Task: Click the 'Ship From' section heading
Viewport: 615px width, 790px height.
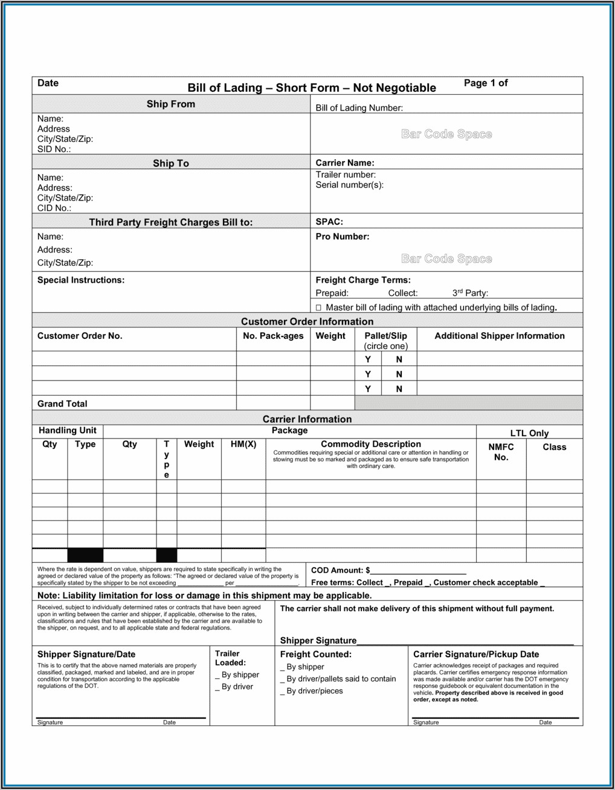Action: [170, 104]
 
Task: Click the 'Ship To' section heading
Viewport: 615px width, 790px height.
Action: [170, 163]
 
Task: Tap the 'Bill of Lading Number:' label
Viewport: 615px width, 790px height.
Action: [359, 108]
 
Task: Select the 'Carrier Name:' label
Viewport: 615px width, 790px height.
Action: [344, 162]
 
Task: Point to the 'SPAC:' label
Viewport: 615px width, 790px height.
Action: [329, 222]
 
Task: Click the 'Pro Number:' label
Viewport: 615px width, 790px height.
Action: [342, 237]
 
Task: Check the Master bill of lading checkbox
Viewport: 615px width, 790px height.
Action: [318, 307]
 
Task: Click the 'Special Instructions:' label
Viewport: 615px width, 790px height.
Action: [81, 280]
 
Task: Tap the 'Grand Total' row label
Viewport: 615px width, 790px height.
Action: [62, 403]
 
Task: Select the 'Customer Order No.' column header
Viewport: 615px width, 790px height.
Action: [80, 336]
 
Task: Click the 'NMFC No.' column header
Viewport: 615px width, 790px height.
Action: [501, 452]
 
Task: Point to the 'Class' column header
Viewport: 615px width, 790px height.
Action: [554, 447]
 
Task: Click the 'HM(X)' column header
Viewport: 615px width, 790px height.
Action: [243, 444]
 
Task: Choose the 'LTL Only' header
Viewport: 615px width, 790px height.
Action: [529, 433]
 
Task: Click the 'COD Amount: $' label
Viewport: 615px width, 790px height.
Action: [340, 570]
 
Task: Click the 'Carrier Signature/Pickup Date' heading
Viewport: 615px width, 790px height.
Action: [476, 654]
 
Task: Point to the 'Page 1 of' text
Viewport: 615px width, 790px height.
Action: [486, 83]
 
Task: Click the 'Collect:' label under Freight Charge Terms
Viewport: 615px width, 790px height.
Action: [403, 293]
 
